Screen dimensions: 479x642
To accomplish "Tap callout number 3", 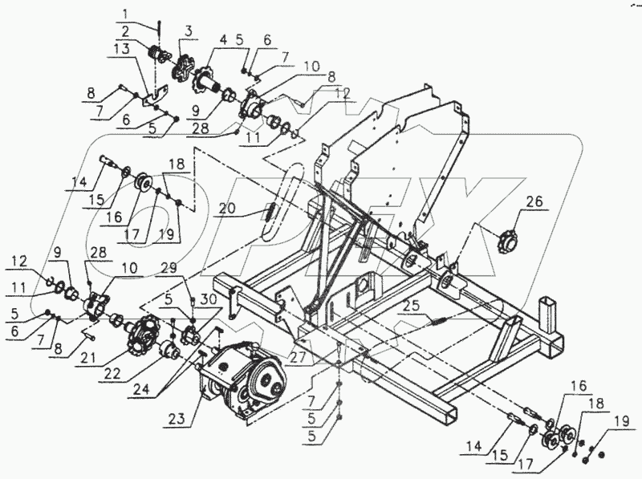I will tap(188, 30).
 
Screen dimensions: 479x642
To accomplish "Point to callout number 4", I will tap(224, 39).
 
